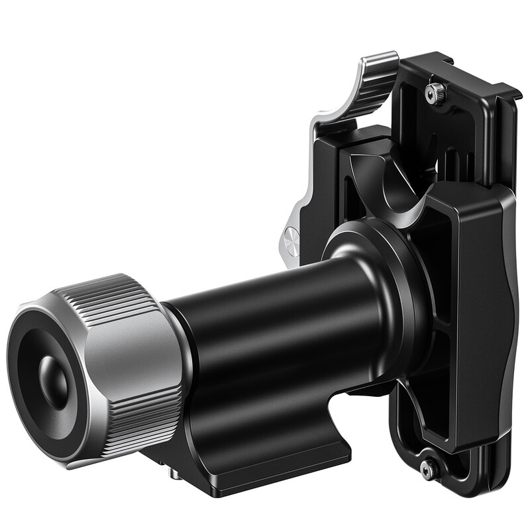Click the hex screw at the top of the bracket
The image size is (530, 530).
point(435,93)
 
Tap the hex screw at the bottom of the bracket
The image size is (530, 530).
point(429,468)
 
